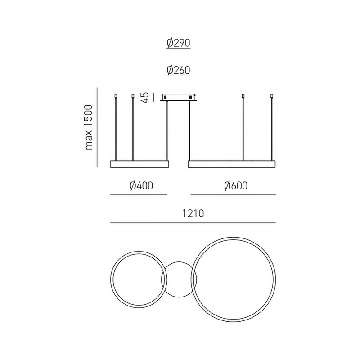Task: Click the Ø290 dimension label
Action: (x=178, y=43)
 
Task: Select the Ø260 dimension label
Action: (x=178, y=70)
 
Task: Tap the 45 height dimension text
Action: (x=145, y=98)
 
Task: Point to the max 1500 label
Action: (x=89, y=127)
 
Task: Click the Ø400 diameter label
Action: (x=141, y=185)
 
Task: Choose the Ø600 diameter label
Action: (x=236, y=185)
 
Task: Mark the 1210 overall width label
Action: (x=193, y=213)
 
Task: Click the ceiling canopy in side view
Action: (x=179, y=97)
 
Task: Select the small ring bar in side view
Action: (x=139, y=164)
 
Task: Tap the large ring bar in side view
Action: (x=232, y=164)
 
